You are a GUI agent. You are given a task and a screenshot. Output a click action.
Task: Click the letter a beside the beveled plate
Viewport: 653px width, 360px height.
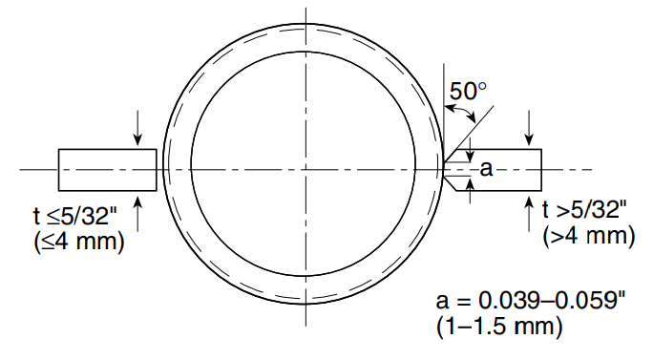(x=485, y=169)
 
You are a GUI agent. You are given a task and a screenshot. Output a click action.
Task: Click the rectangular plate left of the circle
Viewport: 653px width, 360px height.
(x=107, y=170)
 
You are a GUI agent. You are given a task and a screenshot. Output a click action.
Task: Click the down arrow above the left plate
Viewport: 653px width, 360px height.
(x=140, y=125)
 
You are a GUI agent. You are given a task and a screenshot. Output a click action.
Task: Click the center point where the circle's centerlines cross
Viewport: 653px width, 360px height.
(x=304, y=169)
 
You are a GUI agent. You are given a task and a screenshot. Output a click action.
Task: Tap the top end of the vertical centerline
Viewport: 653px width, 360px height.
(x=304, y=11)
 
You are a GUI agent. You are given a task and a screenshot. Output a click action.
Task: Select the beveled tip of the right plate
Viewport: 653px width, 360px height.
(x=448, y=169)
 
